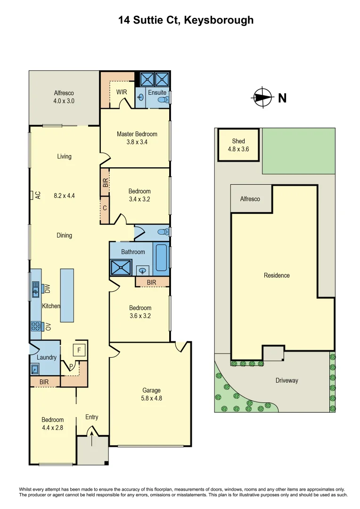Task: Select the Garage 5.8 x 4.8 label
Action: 152,394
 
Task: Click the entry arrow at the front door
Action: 91,436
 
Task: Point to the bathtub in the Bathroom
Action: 162,257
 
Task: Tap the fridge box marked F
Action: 79,350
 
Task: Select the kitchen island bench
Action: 67,296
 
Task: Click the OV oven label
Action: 48,327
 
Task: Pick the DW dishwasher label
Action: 48,288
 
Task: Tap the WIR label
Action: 122,92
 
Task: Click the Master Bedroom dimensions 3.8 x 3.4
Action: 137,141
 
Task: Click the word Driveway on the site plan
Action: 286,380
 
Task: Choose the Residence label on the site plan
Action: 277,275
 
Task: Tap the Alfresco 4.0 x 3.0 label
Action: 64,97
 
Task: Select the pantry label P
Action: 71,365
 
